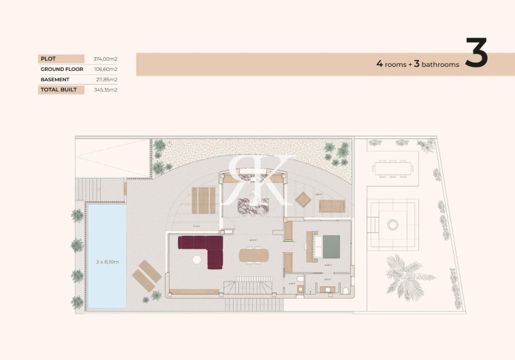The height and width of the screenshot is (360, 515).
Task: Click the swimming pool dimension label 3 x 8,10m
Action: pyautogui.click(x=108, y=261)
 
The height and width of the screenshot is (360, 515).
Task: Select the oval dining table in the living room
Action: pyautogui.click(x=254, y=255)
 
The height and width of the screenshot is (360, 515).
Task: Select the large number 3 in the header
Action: pyautogui.click(x=476, y=54)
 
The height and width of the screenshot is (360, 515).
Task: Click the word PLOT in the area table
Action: pyautogui.click(x=48, y=59)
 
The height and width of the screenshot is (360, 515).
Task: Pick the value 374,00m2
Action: pyautogui.click(x=106, y=59)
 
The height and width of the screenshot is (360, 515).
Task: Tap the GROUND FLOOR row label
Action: pyautogui.click(x=61, y=69)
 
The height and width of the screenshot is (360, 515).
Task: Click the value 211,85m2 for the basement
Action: pyautogui.click(x=106, y=79)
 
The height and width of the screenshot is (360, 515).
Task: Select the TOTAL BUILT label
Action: pyautogui.click(x=59, y=89)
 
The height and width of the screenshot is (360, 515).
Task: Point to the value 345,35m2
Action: pyautogui.click(x=106, y=89)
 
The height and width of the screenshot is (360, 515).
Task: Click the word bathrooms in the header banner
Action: pyautogui.click(x=440, y=64)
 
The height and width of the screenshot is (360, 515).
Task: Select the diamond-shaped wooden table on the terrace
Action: pyautogui.click(x=303, y=199)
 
